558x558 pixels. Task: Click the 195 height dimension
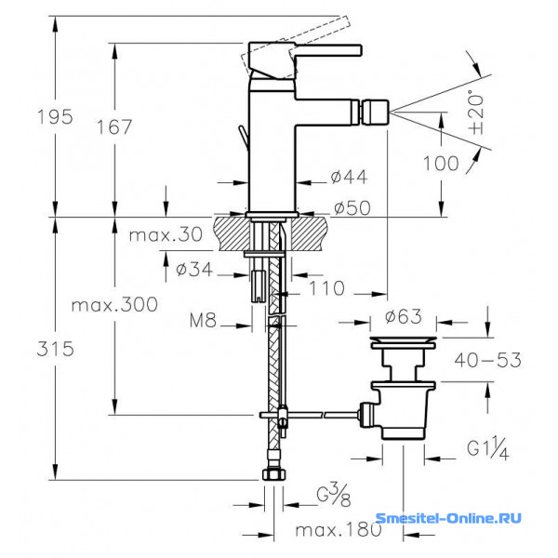[x=55, y=117]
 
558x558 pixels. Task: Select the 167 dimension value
[x=114, y=127]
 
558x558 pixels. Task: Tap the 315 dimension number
[x=56, y=349]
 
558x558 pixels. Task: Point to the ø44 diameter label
[x=349, y=177]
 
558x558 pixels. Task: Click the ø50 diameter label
[x=352, y=207]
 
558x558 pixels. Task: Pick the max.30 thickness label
[x=166, y=234]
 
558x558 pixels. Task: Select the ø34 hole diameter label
[x=194, y=270]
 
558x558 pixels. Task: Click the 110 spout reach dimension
[x=327, y=288]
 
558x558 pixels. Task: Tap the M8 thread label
[x=203, y=320]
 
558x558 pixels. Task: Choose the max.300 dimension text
[x=114, y=305]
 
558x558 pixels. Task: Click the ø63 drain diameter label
[x=404, y=316]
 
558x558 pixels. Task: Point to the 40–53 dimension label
[x=488, y=360]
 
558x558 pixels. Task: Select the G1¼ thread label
[x=488, y=449]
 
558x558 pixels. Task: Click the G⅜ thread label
[x=334, y=495]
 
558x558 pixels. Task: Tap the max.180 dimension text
[x=339, y=531]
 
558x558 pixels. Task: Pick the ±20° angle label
[x=476, y=113]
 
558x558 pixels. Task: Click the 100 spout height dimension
[x=441, y=164]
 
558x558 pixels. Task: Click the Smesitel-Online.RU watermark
[x=448, y=518]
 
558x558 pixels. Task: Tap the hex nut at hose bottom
[x=274, y=474]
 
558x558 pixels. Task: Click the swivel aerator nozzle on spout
[x=375, y=112]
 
